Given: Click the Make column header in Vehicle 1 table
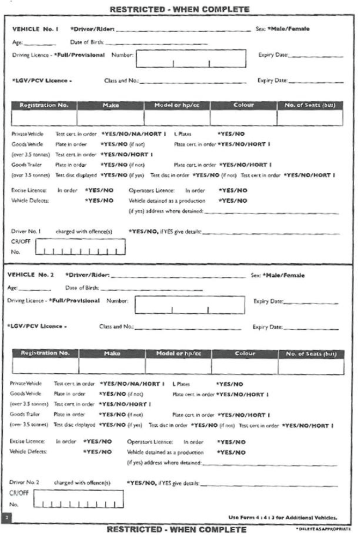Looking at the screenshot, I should click(x=110, y=104).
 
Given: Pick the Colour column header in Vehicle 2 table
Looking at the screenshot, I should click(x=245, y=354).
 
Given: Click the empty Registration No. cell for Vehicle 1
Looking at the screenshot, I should click(x=44, y=117).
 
